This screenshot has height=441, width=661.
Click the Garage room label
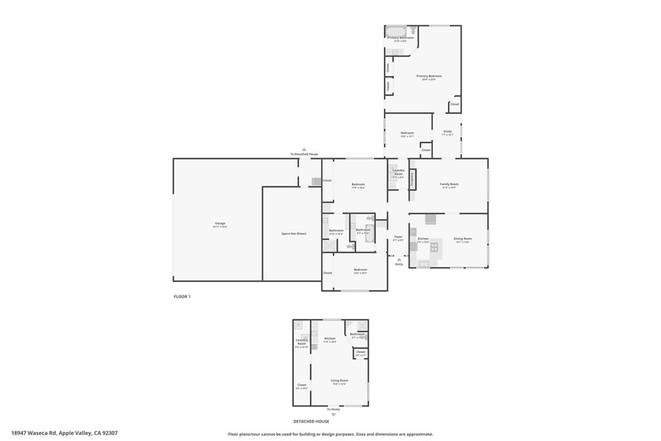(x=220, y=225)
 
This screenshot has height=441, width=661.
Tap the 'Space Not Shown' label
(x=294, y=233)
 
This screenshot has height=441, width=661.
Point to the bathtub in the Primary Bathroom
(x=395, y=31)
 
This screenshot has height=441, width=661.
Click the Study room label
(x=447, y=133)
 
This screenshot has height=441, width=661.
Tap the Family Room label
(x=449, y=185)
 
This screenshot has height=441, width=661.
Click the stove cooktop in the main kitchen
(x=434, y=247)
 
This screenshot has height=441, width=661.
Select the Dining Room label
(x=462, y=240)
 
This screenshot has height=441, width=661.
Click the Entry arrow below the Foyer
(x=399, y=260)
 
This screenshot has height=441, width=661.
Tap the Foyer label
(x=399, y=238)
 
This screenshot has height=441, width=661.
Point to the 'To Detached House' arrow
(x=304, y=149)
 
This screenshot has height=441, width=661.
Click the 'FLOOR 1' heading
(x=182, y=296)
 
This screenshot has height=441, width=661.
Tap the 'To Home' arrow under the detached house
(x=334, y=414)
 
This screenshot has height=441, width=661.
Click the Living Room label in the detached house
(x=339, y=382)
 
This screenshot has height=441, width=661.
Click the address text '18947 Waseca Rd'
(x=35, y=433)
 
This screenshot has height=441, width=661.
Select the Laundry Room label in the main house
(x=398, y=172)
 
